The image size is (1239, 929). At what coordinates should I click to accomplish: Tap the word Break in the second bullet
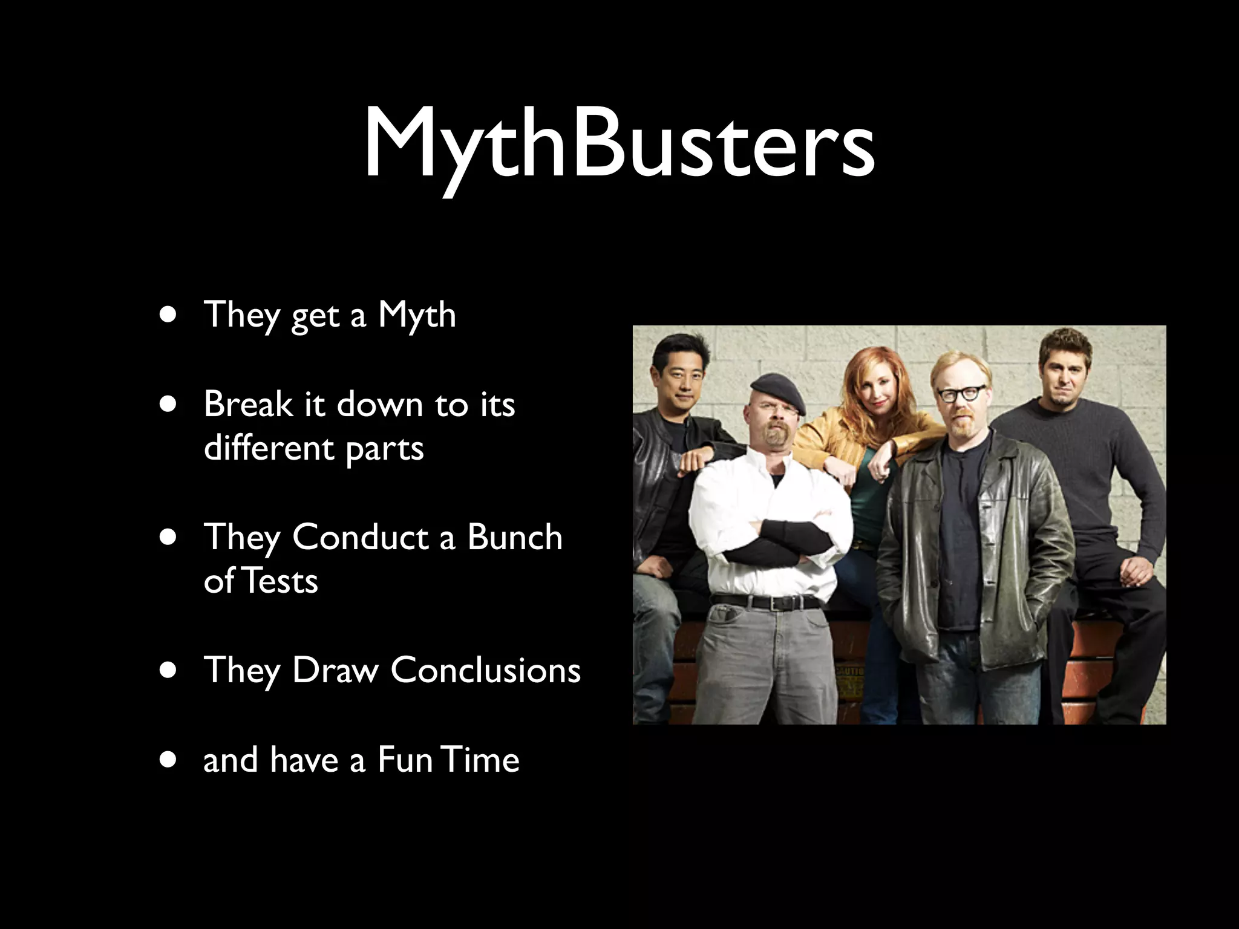(x=247, y=403)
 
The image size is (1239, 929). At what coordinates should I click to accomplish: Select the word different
(x=269, y=448)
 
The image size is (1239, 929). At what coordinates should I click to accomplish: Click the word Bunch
(x=514, y=537)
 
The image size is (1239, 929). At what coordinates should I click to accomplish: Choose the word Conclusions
(x=485, y=670)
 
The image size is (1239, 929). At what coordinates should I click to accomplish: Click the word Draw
(x=335, y=670)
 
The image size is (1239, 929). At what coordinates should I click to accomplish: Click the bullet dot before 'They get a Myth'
(x=169, y=315)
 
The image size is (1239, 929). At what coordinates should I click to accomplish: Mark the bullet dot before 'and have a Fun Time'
(x=169, y=760)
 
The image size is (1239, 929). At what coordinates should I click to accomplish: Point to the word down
(x=379, y=403)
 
